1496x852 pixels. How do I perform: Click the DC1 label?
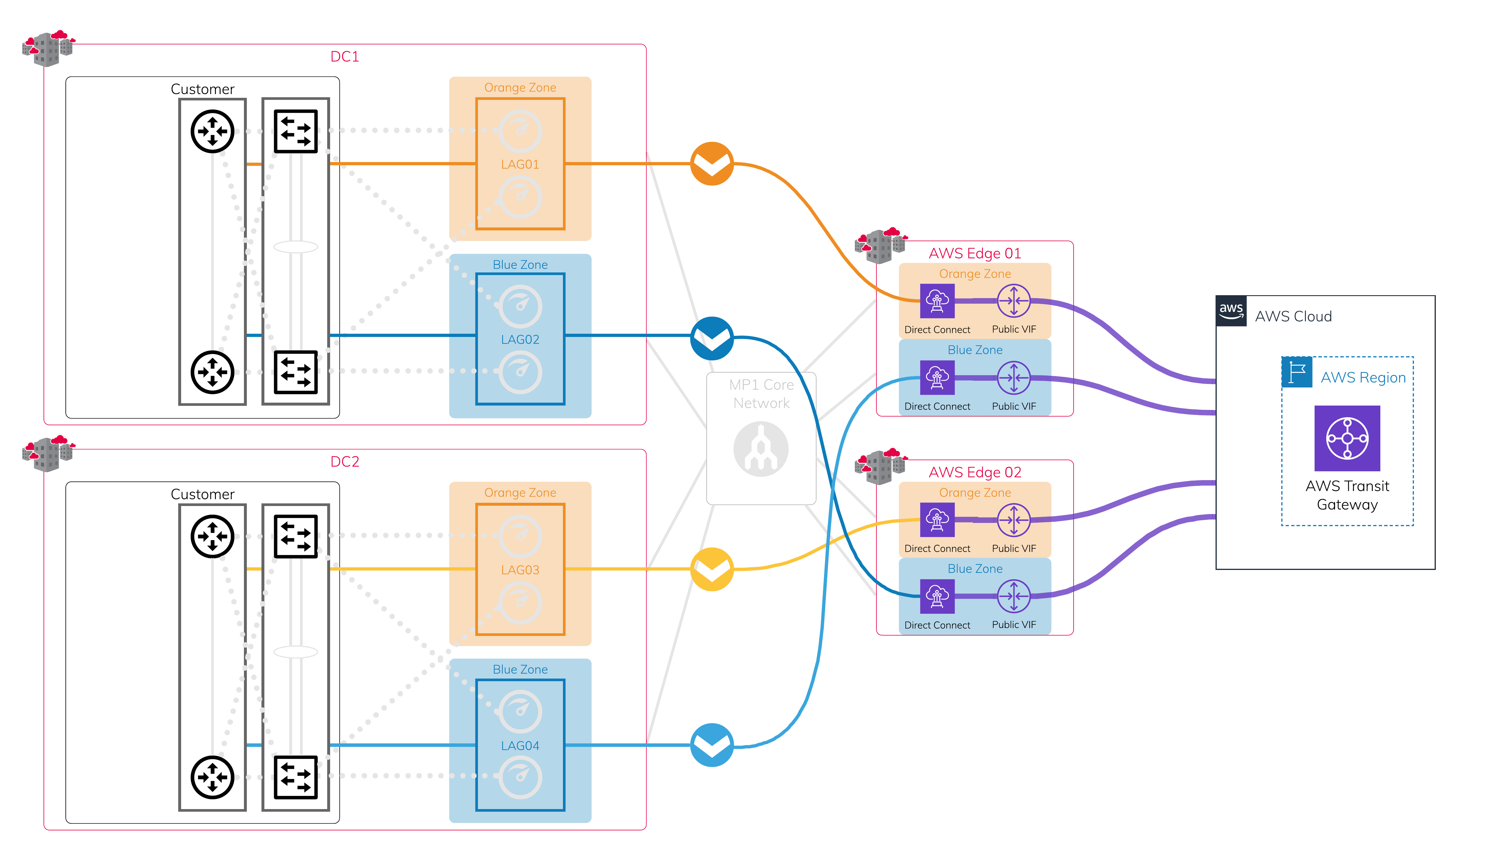(345, 57)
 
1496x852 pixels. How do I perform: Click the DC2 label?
(345, 462)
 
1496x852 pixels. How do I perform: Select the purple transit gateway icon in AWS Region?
(1347, 438)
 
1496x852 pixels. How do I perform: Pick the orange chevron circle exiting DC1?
(712, 164)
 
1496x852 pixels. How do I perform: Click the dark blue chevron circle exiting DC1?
(712, 338)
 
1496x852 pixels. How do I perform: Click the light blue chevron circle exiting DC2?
(712, 745)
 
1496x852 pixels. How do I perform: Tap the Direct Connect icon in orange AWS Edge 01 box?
(937, 301)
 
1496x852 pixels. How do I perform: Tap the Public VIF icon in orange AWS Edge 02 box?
(1014, 520)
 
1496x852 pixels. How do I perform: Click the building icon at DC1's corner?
(48, 48)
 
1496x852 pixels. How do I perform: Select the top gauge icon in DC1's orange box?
(520, 131)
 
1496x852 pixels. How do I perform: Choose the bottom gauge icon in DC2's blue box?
(520, 777)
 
